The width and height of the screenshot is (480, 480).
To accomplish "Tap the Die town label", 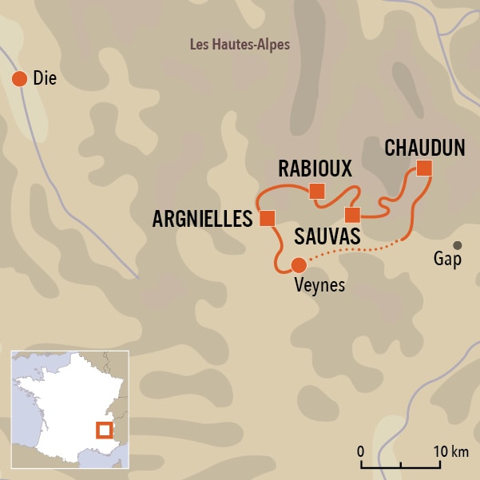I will (x=46, y=78).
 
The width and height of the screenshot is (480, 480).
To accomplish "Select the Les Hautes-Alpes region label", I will (x=240, y=45).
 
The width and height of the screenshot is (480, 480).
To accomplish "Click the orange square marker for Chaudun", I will (x=424, y=168).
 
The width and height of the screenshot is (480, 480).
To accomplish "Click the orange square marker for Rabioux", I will (x=317, y=190).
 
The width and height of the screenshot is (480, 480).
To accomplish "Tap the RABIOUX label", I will (x=315, y=169).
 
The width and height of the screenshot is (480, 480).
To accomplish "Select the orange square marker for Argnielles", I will (x=268, y=217).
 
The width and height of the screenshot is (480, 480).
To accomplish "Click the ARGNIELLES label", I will (x=202, y=218).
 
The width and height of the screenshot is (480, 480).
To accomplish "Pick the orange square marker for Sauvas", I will (x=352, y=214).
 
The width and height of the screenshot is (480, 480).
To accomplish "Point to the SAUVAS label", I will (x=327, y=236).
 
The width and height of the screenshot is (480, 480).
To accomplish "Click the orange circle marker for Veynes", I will (x=298, y=265).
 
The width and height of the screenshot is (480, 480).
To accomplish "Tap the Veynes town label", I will (x=318, y=285).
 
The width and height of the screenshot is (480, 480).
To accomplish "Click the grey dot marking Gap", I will (x=458, y=245).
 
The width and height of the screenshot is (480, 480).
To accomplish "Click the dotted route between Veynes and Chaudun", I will (x=351, y=252).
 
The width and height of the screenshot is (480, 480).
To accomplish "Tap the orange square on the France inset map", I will (x=104, y=430).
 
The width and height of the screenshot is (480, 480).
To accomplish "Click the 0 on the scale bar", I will (x=361, y=451).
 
